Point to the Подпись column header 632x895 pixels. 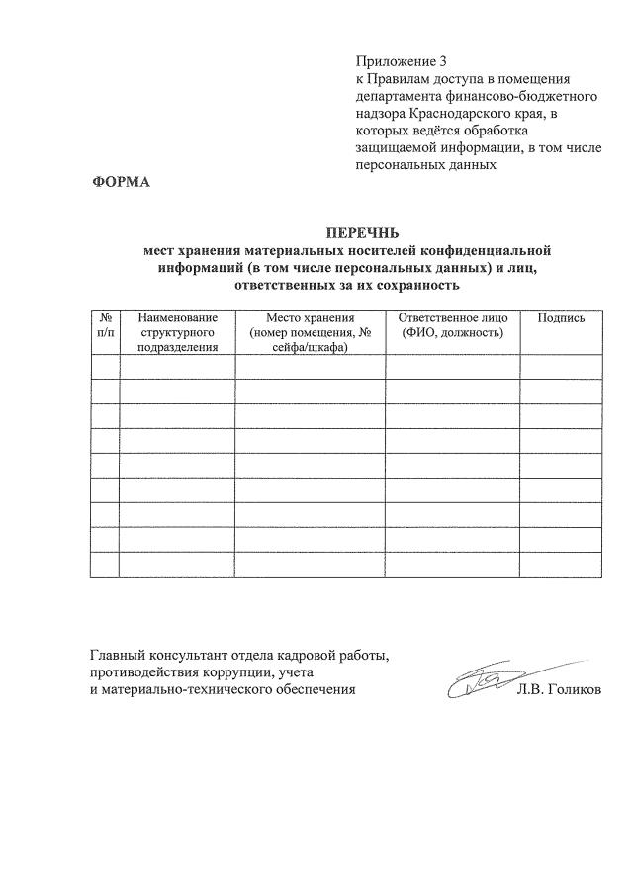(x=561, y=317)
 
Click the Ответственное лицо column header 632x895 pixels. (x=453, y=325)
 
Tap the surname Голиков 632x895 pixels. (x=572, y=689)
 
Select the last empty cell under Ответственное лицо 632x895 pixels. (x=453, y=564)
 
